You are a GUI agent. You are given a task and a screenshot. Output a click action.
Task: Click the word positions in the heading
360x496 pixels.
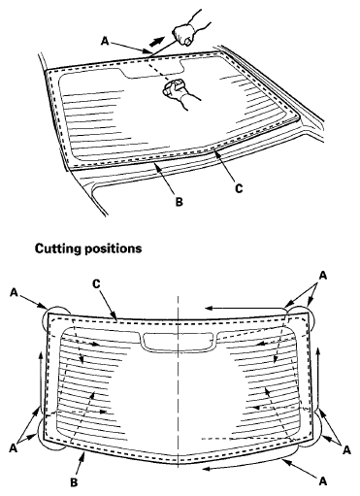coord(115,248)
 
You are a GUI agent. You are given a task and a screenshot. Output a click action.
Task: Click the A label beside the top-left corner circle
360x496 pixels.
coord(14,290)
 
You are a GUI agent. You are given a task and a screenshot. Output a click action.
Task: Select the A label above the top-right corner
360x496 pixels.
coord(322,276)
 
